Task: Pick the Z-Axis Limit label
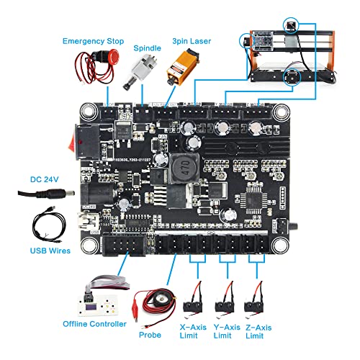click(x=257, y=330)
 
